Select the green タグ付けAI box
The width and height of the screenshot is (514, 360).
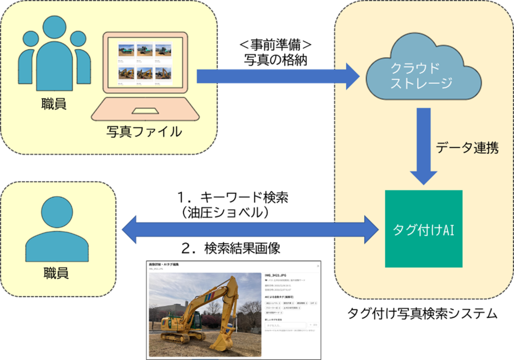click(x=423, y=228)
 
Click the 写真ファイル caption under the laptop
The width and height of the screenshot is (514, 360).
click(x=144, y=132)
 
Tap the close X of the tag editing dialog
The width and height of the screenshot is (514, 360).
click(x=317, y=264)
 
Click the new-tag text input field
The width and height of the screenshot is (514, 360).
click(x=285, y=325)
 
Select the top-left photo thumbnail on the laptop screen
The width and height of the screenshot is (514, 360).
click(x=125, y=50)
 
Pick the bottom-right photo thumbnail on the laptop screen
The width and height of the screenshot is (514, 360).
click(x=163, y=74)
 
